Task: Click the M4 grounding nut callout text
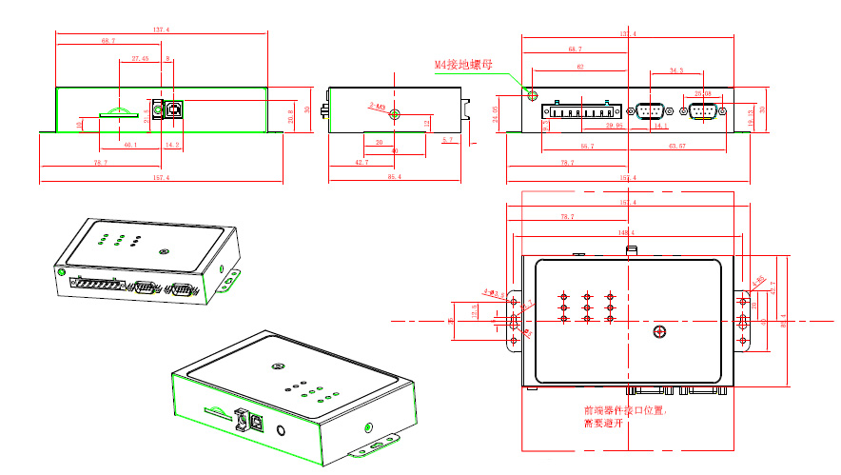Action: click(464, 65)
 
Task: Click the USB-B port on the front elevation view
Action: click(175, 109)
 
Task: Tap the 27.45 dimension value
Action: click(139, 59)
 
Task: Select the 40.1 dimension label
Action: click(130, 145)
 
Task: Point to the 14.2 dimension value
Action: click(172, 145)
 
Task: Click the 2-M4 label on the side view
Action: click(377, 108)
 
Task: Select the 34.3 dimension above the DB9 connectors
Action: click(675, 70)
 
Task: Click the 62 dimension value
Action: click(579, 67)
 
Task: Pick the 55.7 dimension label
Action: click(586, 146)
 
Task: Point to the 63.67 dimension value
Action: click(678, 146)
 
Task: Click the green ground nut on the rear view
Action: click(532, 97)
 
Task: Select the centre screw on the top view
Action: click(659, 331)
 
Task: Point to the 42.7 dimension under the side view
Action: click(362, 163)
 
